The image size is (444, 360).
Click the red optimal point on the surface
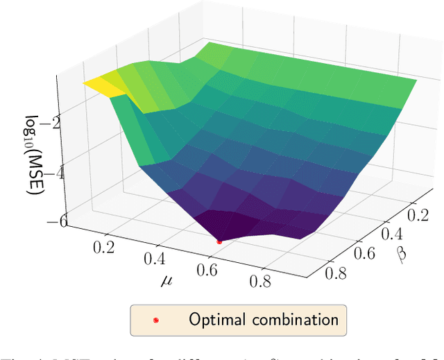(x=219, y=241)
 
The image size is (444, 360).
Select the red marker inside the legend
(x=156, y=320)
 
